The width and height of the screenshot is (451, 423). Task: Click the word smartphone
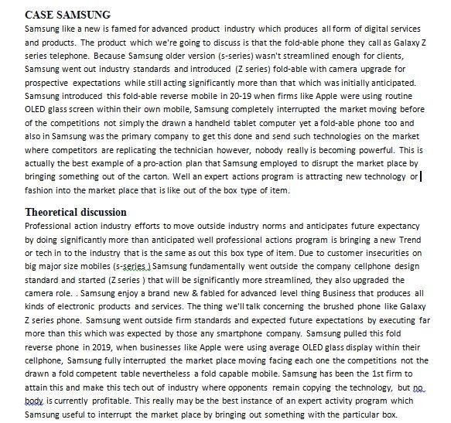[x=286, y=336]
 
